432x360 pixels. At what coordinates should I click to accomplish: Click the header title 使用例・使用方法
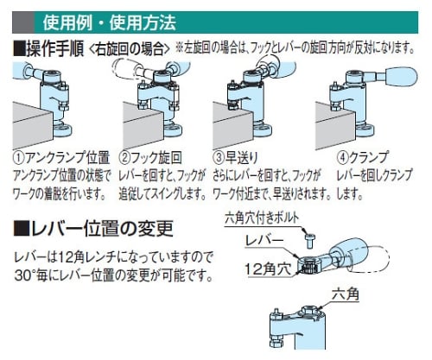(x=110, y=22)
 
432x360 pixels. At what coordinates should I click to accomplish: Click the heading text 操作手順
(x=54, y=48)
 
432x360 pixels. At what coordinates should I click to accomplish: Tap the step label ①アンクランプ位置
(x=61, y=157)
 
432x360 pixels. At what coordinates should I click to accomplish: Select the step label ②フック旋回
(x=150, y=157)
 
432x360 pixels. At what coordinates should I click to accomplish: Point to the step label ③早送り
(x=236, y=157)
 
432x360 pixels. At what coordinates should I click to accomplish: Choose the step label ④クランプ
(x=363, y=157)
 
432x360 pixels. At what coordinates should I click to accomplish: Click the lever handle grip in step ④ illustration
(x=401, y=77)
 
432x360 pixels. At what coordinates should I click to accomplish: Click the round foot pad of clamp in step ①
(x=61, y=131)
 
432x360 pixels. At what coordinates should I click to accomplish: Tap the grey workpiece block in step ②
(x=143, y=124)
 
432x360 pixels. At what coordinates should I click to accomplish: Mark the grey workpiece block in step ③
(x=232, y=124)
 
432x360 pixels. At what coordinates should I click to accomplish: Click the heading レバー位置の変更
(x=93, y=228)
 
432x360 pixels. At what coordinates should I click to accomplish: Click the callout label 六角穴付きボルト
(x=262, y=218)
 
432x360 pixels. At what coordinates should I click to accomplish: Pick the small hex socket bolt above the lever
(x=310, y=241)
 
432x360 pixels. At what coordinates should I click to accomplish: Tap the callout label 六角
(x=346, y=294)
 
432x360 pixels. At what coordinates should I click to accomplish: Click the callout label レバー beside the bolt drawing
(x=264, y=241)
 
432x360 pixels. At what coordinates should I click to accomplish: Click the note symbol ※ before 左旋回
(x=180, y=48)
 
